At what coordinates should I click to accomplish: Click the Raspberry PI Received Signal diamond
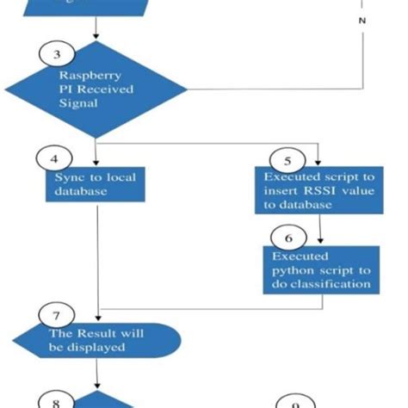pyautogui.click(x=96, y=89)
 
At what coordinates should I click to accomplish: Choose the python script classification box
pyautogui.click(x=320, y=270)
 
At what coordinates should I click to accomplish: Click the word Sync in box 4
pyautogui.click(x=65, y=176)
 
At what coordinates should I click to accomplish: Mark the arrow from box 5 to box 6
pyautogui.click(x=320, y=228)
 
